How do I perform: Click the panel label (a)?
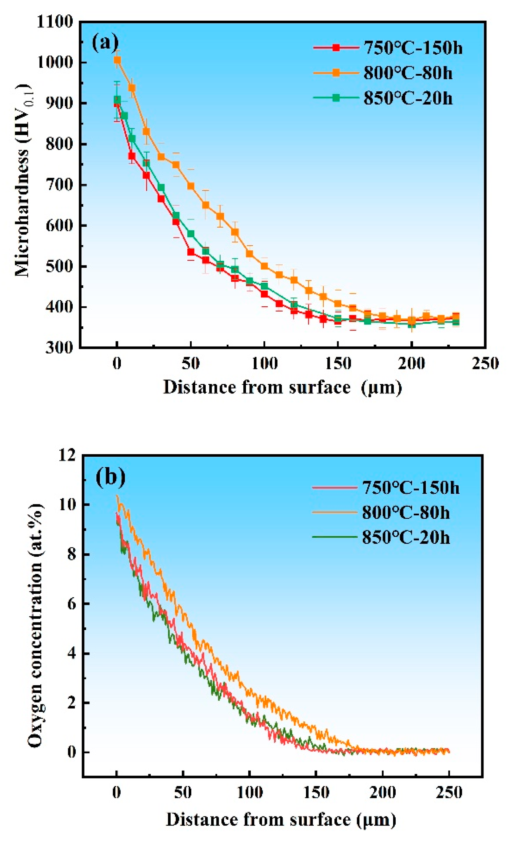105,43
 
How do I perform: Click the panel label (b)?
110,477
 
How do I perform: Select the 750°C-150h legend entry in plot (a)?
388,48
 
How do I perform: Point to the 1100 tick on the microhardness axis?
55,23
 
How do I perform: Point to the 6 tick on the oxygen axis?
71,604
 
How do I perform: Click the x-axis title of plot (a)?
283,388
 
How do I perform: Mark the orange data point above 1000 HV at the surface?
117,60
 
